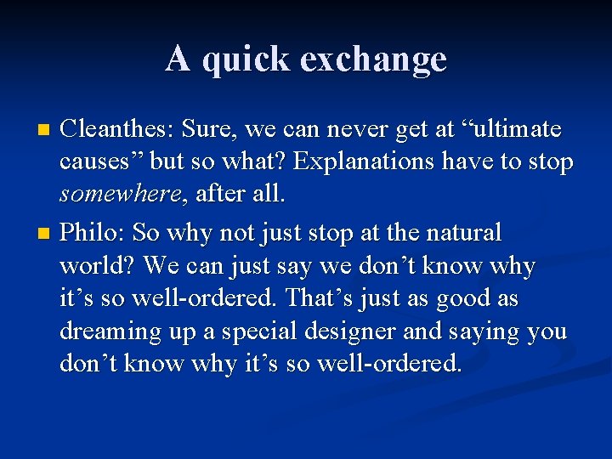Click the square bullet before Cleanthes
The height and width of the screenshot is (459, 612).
coord(46,130)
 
